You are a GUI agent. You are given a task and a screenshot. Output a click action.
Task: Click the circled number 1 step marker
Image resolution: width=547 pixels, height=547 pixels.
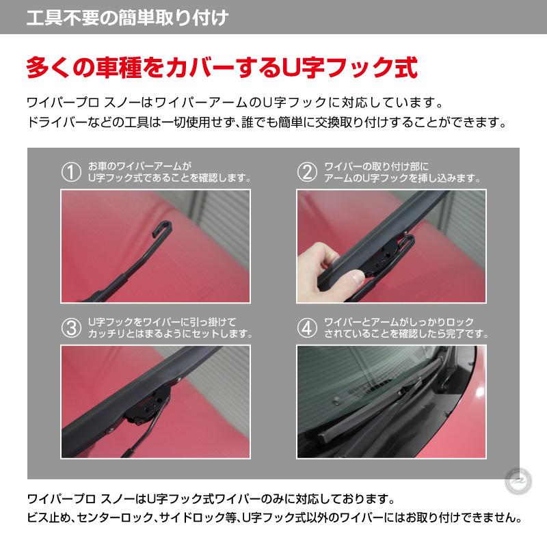pyautogui.click(x=71, y=172)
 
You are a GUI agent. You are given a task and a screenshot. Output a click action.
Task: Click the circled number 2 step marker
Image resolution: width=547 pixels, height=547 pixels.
pyautogui.click(x=307, y=172)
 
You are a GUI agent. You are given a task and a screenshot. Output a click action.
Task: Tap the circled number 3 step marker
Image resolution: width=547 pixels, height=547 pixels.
pyautogui.click(x=71, y=327)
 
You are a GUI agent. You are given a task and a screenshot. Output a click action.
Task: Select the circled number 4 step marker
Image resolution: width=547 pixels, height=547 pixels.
pyautogui.click(x=307, y=327)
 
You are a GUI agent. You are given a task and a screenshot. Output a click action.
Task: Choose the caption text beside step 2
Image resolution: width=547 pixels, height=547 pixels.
pyautogui.click(x=401, y=172)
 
